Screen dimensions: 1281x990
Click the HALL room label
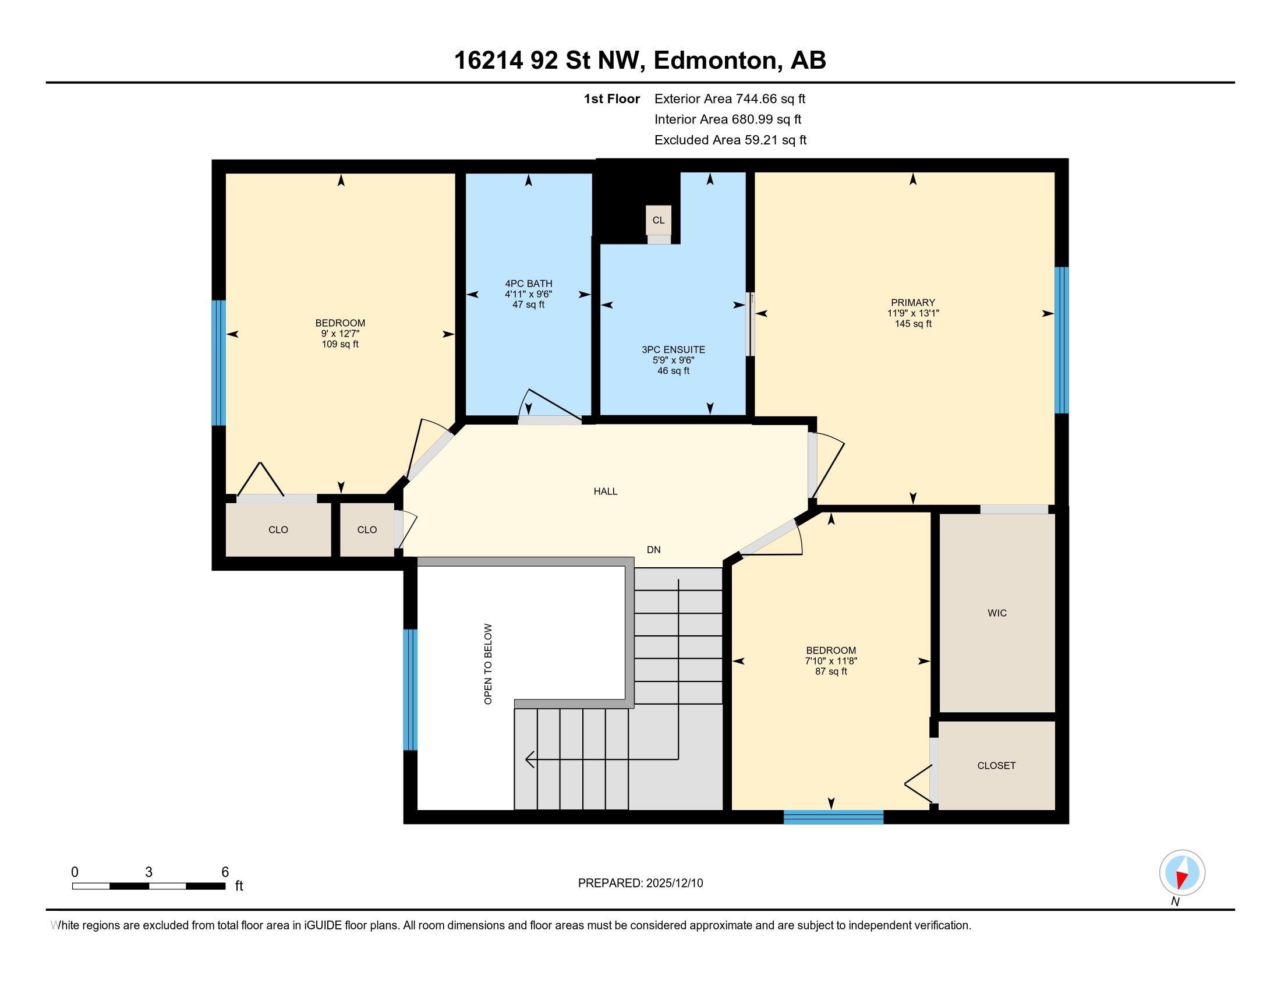(606, 492)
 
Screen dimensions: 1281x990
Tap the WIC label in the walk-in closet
(997, 613)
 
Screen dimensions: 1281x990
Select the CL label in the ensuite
(659, 220)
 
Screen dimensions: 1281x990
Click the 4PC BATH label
(529, 284)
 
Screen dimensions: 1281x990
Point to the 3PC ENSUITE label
(673, 349)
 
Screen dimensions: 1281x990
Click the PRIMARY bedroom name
(912, 303)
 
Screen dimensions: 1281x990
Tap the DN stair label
(653, 550)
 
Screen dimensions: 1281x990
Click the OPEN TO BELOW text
(488, 663)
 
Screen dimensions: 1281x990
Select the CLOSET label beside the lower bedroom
(996, 765)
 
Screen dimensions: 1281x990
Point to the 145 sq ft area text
(913, 324)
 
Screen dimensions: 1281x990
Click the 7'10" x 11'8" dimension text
(831, 661)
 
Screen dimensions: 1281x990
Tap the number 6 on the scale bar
(225, 872)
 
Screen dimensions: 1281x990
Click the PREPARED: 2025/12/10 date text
(640, 883)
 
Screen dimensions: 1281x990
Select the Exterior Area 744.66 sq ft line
(730, 98)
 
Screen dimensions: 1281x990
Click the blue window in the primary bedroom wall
(1061, 340)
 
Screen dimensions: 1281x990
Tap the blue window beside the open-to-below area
(410, 690)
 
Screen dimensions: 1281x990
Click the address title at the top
(640, 61)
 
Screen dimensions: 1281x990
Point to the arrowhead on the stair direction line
(530, 759)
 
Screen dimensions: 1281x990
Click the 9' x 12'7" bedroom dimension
(340, 334)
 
